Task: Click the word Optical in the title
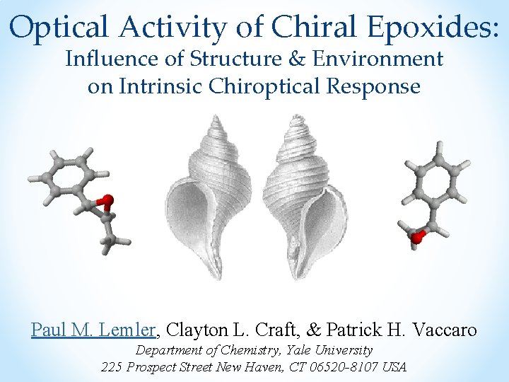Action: point(60,28)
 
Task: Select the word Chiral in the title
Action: point(320,28)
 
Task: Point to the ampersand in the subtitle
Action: point(300,59)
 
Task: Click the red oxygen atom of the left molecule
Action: point(107,200)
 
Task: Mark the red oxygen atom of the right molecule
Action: point(416,238)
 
